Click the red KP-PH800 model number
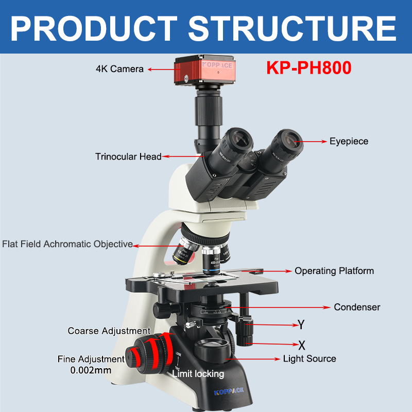click(308, 68)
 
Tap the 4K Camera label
click(119, 68)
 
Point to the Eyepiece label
click(349, 141)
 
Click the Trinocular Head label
click(128, 157)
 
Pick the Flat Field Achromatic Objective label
click(67, 244)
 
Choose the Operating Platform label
click(334, 271)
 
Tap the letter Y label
click(301, 325)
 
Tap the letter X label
click(302, 344)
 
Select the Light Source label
click(310, 358)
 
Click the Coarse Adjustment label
click(109, 331)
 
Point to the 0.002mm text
click(91, 370)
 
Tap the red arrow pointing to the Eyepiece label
click(312, 141)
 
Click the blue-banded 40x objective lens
click(212, 260)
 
